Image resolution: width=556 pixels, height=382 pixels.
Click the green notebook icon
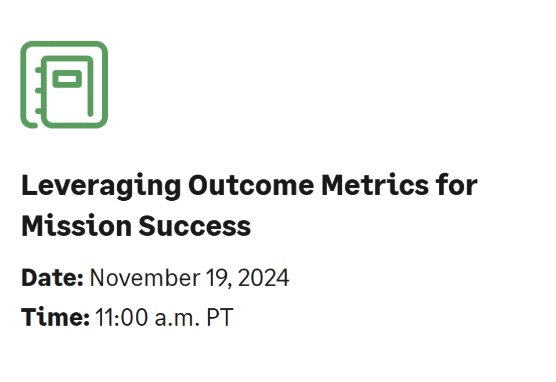point(64,84)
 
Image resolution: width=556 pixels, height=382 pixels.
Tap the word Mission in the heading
point(75,225)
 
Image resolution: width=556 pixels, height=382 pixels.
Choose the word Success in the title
point(194,225)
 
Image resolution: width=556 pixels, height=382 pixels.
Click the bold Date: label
point(53,278)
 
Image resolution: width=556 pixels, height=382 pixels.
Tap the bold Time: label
point(55,317)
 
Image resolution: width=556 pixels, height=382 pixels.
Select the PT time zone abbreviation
point(220,317)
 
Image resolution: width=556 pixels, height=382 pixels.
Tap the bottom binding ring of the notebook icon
point(38,110)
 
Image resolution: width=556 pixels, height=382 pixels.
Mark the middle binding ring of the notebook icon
point(38,91)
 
